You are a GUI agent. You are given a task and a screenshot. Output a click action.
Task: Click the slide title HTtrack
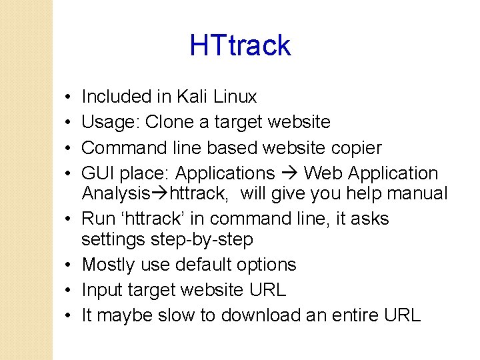pyautogui.click(x=240, y=45)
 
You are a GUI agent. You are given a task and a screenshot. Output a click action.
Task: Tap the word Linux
pyautogui.click(x=235, y=97)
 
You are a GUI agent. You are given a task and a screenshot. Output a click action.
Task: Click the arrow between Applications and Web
pyautogui.click(x=289, y=174)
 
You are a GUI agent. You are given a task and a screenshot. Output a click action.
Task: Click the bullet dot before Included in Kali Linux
pyautogui.click(x=69, y=97)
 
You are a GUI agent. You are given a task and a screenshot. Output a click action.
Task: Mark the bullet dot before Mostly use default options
pyautogui.click(x=69, y=265)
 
